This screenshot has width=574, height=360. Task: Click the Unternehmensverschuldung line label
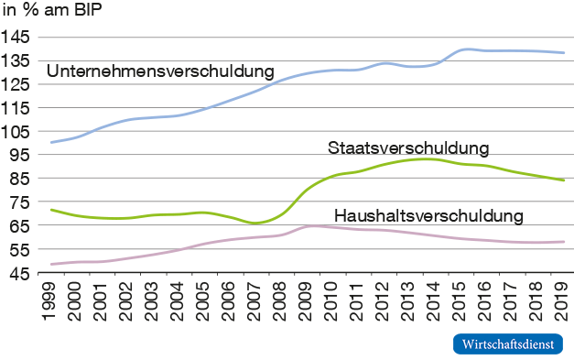160,71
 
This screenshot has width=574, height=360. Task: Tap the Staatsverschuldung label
408,148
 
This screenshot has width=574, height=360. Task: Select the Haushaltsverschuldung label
428,216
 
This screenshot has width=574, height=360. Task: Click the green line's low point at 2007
256,223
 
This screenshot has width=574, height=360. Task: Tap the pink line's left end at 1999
51,264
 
